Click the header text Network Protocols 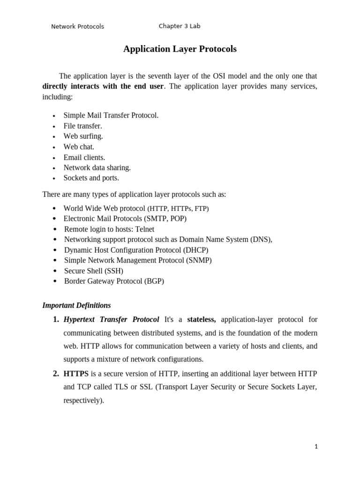(x=77, y=27)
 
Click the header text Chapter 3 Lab (x=180, y=26)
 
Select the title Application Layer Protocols (x=180, y=49)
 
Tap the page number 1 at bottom (x=316, y=447)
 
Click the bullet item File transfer (x=82, y=126)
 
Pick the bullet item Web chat (x=79, y=147)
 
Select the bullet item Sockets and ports (x=91, y=178)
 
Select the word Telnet (x=144, y=229)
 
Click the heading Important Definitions (x=76, y=305)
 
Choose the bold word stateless (x=202, y=320)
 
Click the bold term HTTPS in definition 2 (x=76, y=374)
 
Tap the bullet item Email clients (x=84, y=157)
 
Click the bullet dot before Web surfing (x=54, y=137)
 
